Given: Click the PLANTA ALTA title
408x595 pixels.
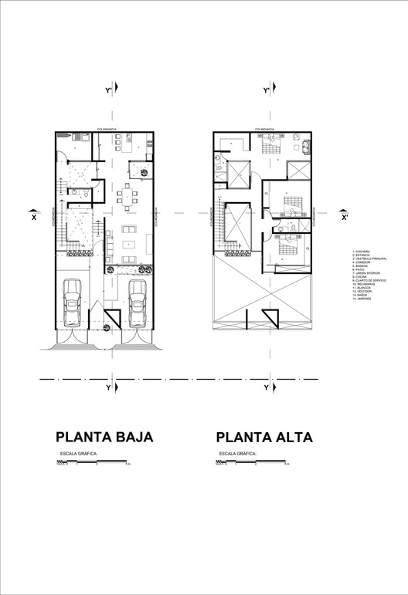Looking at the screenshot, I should [x=264, y=437].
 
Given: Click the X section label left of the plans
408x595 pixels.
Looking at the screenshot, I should [x=33, y=217].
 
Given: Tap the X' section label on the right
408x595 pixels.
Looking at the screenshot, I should [x=345, y=217].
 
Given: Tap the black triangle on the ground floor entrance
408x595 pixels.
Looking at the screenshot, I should [x=114, y=316].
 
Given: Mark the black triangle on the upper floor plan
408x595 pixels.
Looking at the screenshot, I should [x=271, y=317].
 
